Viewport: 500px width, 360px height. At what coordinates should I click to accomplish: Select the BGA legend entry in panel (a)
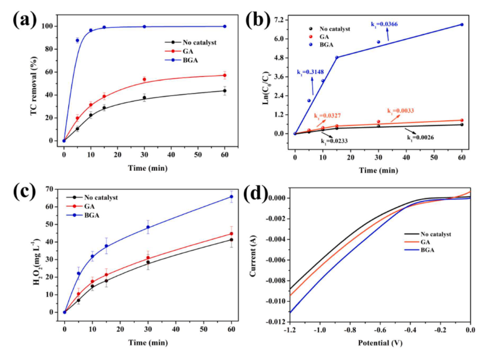(x=186, y=61)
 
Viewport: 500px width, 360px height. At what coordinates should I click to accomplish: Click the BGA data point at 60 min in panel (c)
(x=231, y=197)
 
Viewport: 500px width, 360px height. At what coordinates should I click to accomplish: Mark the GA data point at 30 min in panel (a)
(x=144, y=79)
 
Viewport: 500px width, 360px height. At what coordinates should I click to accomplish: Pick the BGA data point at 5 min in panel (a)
(x=77, y=40)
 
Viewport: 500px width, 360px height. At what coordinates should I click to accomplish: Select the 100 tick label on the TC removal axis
(x=50, y=27)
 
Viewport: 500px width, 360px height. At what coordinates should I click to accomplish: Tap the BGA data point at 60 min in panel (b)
(x=461, y=25)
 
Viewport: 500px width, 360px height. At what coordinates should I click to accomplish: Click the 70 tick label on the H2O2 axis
(x=50, y=190)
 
